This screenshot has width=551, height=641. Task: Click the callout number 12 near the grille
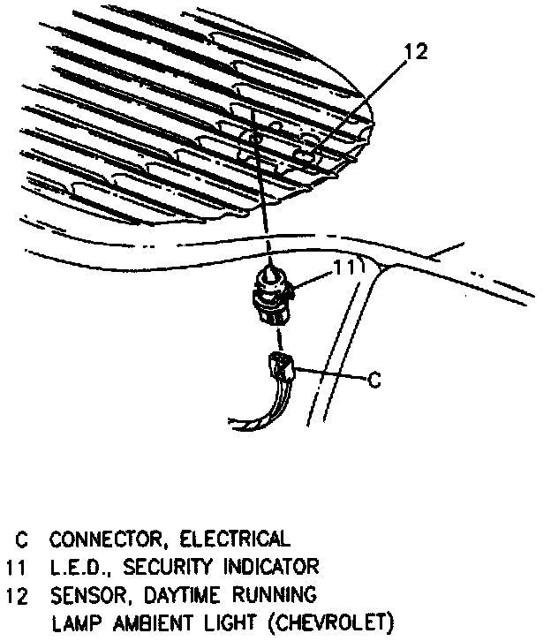(x=416, y=52)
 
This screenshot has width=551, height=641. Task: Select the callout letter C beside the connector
(x=374, y=381)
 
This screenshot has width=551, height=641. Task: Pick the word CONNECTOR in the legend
(x=102, y=539)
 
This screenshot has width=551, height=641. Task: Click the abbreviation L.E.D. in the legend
(x=79, y=565)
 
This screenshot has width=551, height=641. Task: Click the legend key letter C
(x=19, y=539)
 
